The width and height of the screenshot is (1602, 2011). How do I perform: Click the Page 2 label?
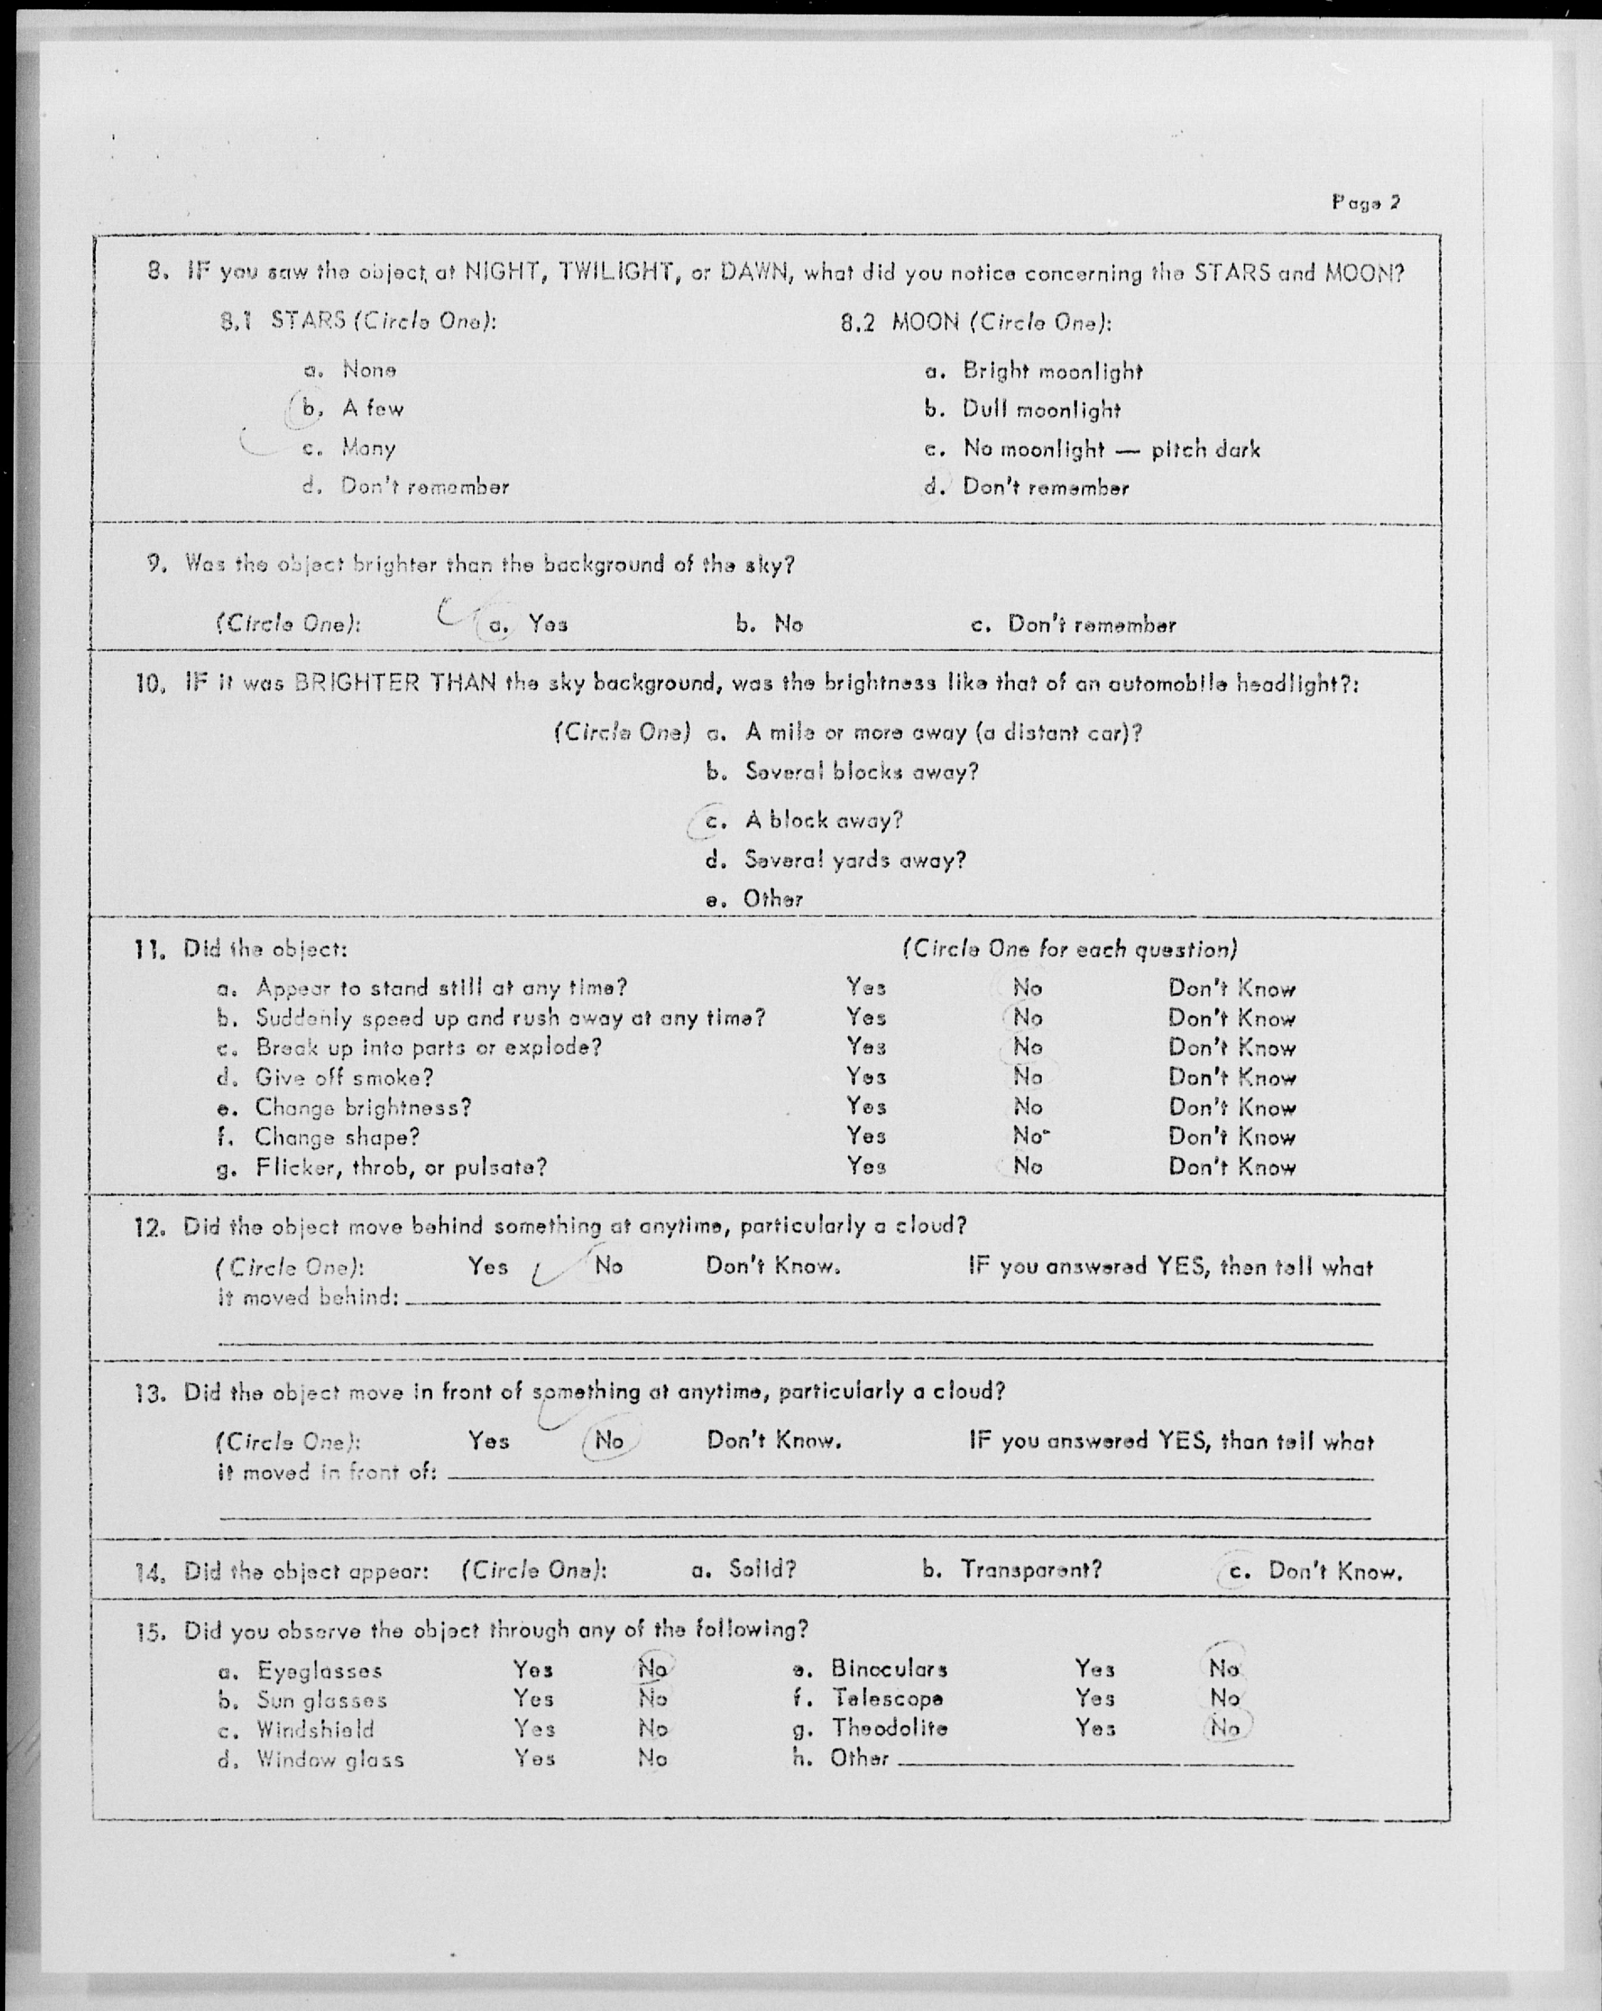coord(1366,201)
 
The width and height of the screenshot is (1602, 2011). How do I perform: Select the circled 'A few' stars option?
coord(373,408)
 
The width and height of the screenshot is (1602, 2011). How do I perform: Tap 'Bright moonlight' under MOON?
coord(1052,371)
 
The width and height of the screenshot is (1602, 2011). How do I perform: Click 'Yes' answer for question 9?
coord(547,624)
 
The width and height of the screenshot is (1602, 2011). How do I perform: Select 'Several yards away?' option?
coord(854,859)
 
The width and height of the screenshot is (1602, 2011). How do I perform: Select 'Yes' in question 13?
coord(489,1441)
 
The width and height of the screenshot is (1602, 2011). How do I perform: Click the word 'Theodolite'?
coord(890,1728)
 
